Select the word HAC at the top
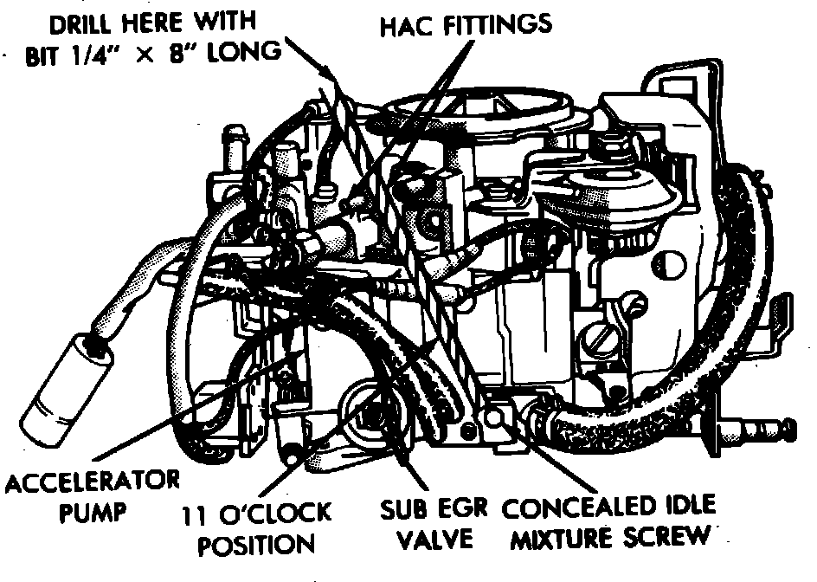tap(404, 25)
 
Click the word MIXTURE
tap(561, 539)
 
